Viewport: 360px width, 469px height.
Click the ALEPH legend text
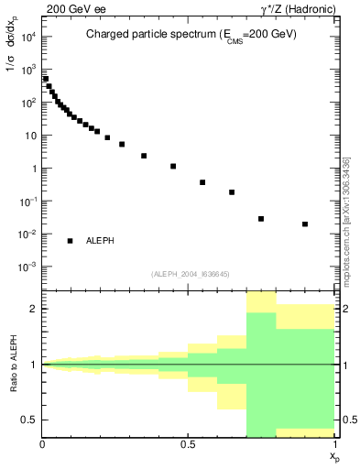coord(100,240)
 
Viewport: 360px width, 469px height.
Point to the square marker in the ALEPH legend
coord(70,240)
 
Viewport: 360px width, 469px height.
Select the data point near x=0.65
coord(232,192)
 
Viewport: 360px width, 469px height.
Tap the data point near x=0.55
coord(202,182)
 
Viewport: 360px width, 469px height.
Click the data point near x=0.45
coord(173,166)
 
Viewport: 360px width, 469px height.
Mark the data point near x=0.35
coord(144,156)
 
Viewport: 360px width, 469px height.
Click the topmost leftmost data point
coord(46,79)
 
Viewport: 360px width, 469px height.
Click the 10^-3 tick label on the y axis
coord(27,267)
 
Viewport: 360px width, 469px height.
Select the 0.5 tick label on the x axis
coord(189,442)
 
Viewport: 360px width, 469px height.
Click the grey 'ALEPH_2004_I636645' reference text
coord(191,274)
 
